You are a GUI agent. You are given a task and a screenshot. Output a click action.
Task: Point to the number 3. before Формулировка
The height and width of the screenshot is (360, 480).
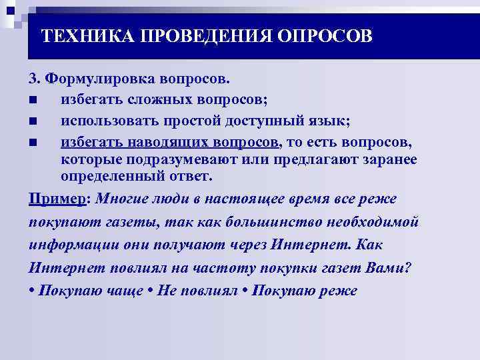[x=35, y=79]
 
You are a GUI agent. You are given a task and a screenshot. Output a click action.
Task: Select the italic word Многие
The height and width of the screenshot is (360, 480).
[x=121, y=199]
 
